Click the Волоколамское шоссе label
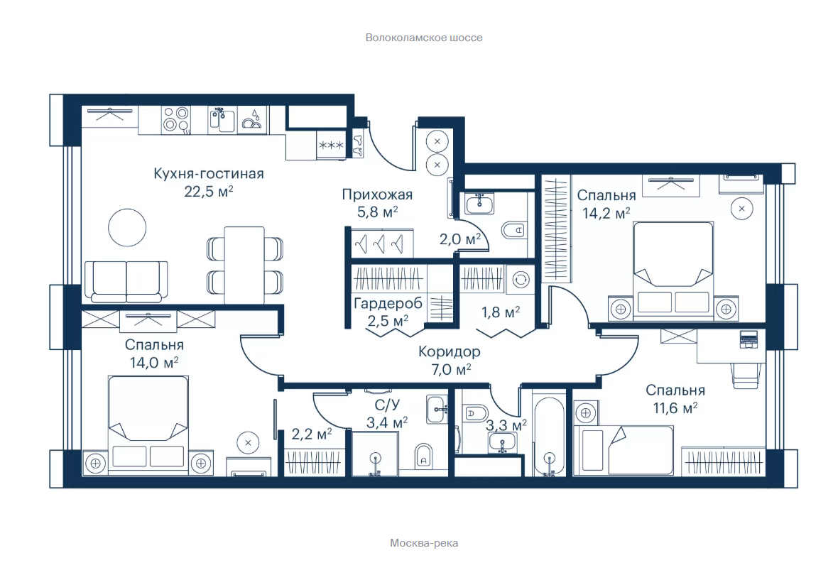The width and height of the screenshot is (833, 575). pos(424,38)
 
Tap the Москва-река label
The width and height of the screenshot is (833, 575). pos(424,543)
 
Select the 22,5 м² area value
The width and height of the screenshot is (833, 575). pos(209,191)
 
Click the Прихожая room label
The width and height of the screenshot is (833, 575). pos(377,195)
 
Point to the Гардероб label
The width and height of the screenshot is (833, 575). pos(388,304)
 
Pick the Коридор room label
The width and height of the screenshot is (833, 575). pos(450,351)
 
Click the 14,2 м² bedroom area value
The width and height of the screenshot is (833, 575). pos(606,213)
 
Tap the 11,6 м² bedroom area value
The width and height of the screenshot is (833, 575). pos(675,407)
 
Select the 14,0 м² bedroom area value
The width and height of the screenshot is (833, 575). pos(154,363)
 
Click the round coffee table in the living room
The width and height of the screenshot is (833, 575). pos(127,227)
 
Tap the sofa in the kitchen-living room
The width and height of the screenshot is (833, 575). pos(126,282)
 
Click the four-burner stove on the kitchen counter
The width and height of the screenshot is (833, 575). pos(176,119)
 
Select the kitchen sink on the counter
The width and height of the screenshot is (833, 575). pos(222,120)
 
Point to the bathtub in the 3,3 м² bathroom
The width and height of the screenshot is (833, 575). pos(549,436)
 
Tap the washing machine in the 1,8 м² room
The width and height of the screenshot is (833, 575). pos(521,279)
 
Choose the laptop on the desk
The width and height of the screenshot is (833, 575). pos(748,339)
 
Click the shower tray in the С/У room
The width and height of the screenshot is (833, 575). pos(375,454)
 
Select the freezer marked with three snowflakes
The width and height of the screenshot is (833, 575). pos(331,145)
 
